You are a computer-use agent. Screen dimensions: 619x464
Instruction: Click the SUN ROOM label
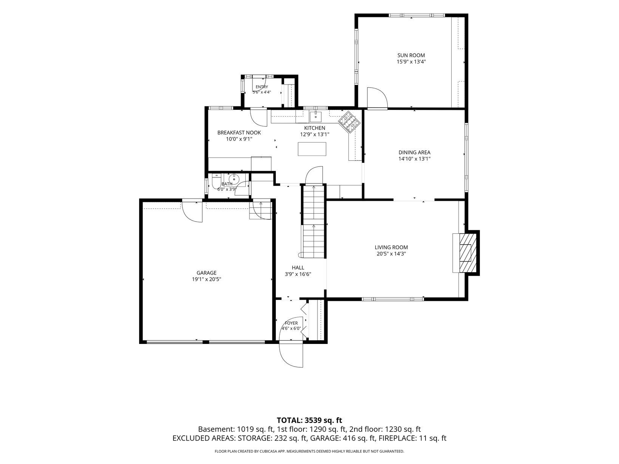(x=411, y=55)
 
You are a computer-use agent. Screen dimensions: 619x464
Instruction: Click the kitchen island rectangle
(x=312, y=149)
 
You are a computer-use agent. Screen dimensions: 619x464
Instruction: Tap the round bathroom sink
(x=234, y=178)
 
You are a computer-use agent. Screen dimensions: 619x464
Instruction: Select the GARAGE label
(x=206, y=273)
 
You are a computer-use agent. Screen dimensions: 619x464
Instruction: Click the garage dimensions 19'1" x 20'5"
(x=206, y=279)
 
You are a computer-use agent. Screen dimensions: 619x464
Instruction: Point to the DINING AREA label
(x=414, y=153)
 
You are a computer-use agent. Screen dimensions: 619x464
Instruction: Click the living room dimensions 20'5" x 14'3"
(x=391, y=254)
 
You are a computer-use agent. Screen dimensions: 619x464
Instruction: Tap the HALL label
(x=298, y=268)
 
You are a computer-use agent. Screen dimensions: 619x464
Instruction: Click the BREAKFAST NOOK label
(x=239, y=133)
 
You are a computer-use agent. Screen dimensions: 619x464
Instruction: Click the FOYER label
(x=291, y=323)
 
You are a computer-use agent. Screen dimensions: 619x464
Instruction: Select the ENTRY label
(x=262, y=87)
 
